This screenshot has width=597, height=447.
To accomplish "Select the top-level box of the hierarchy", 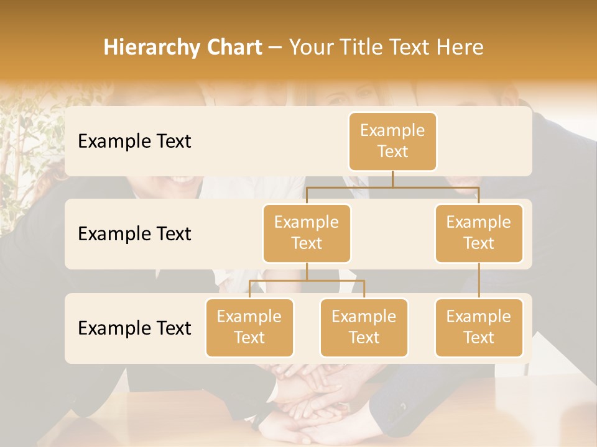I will (x=392, y=141).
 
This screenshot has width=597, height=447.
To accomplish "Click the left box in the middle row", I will (x=307, y=233).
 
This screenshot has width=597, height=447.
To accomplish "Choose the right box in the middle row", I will (x=479, y=233).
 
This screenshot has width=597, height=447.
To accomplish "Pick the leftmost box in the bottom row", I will (x=249, y=327).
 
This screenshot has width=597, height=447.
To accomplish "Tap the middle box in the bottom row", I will (x=364, y=327).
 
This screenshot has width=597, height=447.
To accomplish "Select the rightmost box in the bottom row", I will (x=479, y=327).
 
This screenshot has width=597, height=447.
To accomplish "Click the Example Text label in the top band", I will (x=134, y=142).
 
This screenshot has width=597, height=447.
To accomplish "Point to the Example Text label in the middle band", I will (x=134, y=234).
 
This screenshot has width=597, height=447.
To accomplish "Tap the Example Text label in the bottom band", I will (x=134, y=328).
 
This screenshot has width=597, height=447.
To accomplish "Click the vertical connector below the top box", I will (x=392, y=179).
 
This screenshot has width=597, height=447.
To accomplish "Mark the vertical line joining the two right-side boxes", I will (x=479, y=281).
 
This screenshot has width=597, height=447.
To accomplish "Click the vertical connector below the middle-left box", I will (x=307, y=271).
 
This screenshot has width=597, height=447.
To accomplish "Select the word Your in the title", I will (x=309, y=48).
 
